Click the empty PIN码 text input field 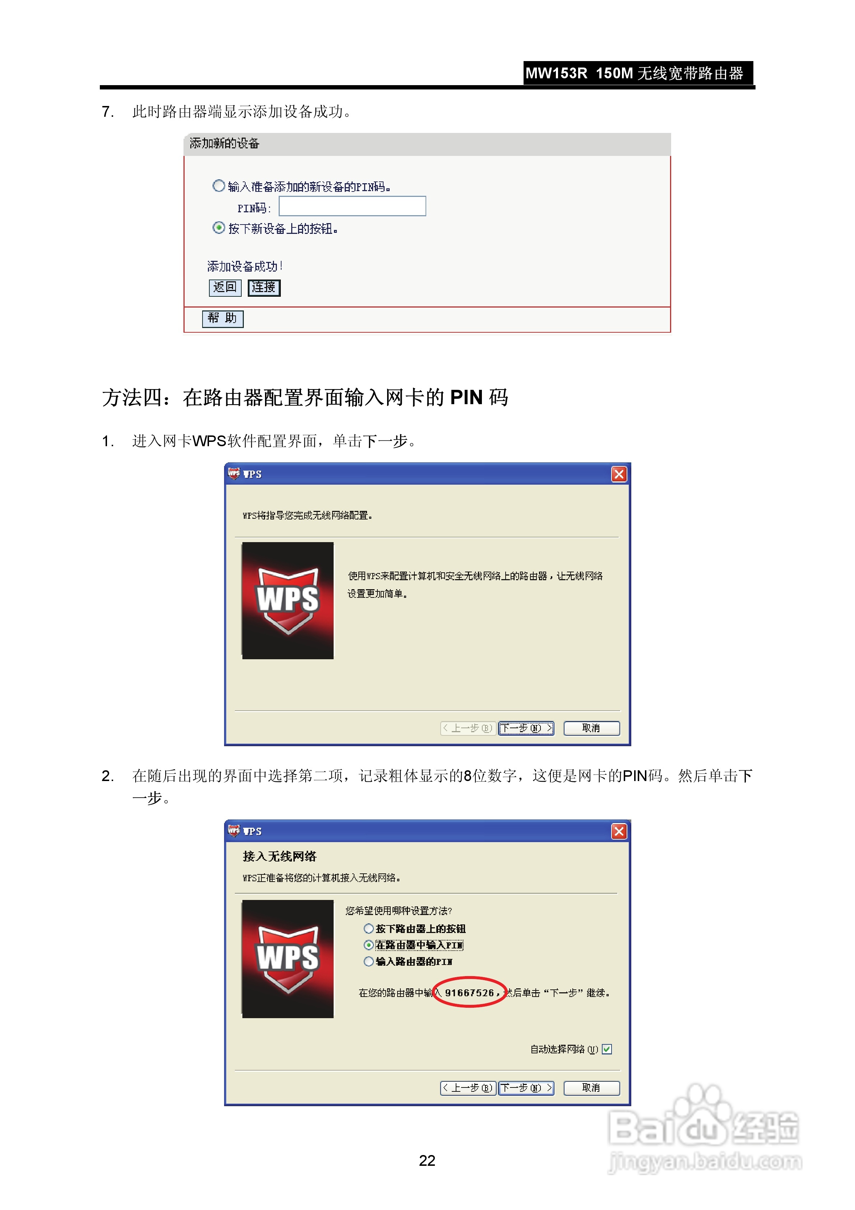[x=352, y=206]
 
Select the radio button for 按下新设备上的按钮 [x=219, y=228]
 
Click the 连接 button [x=264, y=287]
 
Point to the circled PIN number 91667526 [x=469, y=993]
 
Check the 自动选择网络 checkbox [x=607, y=1049]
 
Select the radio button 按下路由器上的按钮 [x=369, y=929]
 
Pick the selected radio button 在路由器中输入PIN [x=369, y=945]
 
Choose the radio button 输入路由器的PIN [x=369, y=961]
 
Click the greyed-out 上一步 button [x=467, y=728]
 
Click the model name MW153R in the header [x=556, y=73]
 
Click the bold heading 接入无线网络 [x=279, y=856]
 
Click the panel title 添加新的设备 [x=224, y=143]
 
